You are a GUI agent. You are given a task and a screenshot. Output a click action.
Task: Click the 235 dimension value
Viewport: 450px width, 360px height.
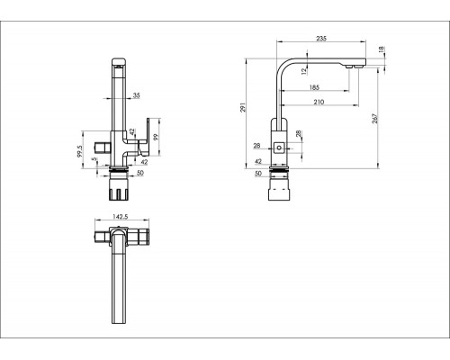coord(321,39)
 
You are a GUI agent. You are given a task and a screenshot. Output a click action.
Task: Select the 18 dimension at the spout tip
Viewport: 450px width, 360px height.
coord(381,49)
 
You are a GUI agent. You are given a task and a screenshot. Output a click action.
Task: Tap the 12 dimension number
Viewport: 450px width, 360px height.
coord(304,71)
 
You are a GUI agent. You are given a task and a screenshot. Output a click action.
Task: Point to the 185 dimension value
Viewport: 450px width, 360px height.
coord(314,87)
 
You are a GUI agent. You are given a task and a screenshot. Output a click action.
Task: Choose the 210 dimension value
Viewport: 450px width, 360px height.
coord(319,102)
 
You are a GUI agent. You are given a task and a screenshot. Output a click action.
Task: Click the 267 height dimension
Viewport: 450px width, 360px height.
coord(374,119)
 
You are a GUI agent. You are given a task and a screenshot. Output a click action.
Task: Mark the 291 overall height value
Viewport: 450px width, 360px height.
coord(243,107)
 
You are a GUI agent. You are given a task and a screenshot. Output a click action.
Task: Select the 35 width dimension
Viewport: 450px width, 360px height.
coord(137,95)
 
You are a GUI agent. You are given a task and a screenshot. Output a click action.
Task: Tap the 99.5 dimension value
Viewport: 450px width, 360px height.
coord(79,151)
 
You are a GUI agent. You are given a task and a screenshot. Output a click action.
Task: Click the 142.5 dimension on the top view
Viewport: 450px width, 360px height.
coord(121,217)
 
